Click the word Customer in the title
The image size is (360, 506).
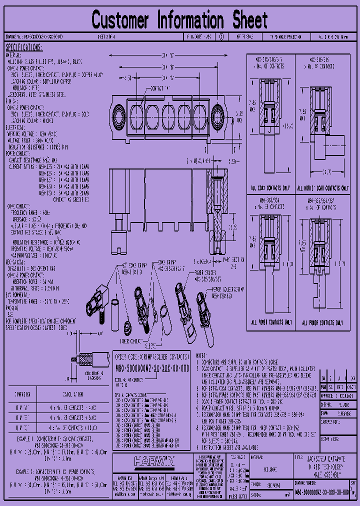click(x=120, y=21)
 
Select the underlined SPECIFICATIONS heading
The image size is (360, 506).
click(x=24, y=47)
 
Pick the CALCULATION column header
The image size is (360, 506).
click(x=74, y=394)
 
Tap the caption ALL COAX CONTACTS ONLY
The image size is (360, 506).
click(x=271, y=188)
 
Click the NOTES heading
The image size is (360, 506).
click(x=201, y=354)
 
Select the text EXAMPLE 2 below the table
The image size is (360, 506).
click(x=24, y=471)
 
